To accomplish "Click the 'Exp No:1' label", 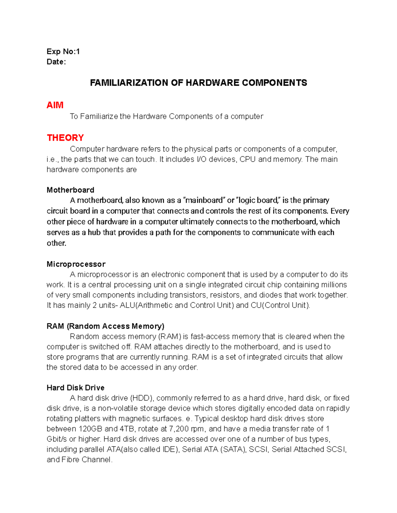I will [x=63, y=52].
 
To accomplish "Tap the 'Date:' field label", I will [x=56, y=62].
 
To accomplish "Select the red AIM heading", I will [x=55, y=105].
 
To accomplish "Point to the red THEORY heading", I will [x=65, y=138].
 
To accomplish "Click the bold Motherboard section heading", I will [x=70, y=190].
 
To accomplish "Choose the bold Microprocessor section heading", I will [x=76, y=264].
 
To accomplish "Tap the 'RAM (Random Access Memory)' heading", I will [x=105, y=326].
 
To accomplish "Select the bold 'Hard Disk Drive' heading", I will [x=75, y=388].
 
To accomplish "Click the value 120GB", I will [x=90, y=429].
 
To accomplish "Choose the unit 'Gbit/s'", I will [x=57, y=439].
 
